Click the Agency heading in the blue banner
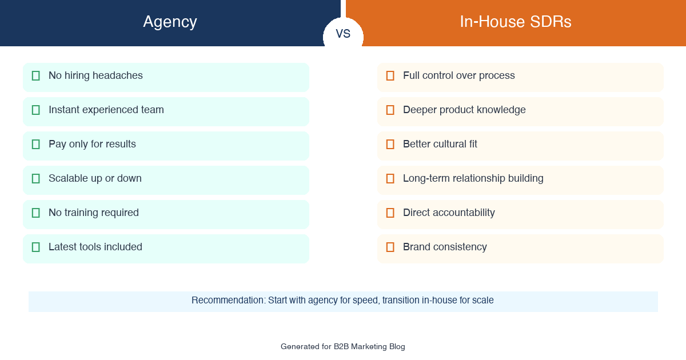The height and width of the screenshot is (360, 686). pyautogui.click(x=170, y=22)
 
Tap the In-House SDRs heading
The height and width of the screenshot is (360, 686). pyautogui.click(x=515, y=22)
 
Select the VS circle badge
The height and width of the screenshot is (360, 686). pyautogui.click(x=343, y=34)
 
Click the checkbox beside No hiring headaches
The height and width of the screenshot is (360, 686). pyautogui.click(x=36, y=75)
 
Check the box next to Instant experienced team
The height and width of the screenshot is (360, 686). pyautogui.click(x=36, y=110)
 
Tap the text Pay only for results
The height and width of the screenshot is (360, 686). pyautogui.click(x=92, y=144)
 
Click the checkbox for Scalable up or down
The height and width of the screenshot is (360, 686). pyautogui.click(x=36, y=178)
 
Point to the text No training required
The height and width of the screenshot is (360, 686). pyautogui.click(x=94, y=213)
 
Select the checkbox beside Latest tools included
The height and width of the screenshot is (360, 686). pyautogui.click(x=36, y=247)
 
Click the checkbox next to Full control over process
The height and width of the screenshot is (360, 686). pyautogui.click(x=390, y=75)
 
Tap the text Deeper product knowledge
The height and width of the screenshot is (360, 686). pyautogui.click(x=464, y=110)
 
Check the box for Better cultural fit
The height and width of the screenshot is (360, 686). pyautogui.click(x=390, y=144)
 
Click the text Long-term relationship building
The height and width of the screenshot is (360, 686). pyautogui.click(x=473, y=178)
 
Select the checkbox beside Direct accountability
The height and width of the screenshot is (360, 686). pyautogui.click(x=390, y=213)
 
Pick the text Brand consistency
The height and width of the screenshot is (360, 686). pyautogui.click(x=445, y=247)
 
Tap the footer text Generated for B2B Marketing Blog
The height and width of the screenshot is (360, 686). pyautogui.click(x=343, y=346)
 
